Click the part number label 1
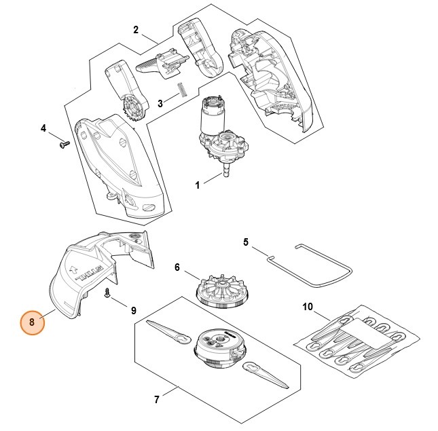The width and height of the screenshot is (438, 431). [x=197, y=185]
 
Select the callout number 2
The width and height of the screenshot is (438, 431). [x=136, y=29]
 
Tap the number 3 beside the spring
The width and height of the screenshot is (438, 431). [x=160, y=104]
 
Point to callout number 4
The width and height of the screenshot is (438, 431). [x=43, y=128]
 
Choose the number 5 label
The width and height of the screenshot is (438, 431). [x=246, y=242]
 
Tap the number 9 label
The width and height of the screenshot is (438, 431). [x=133, y=310]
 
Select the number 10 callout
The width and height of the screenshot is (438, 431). [x=308, y=307]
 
